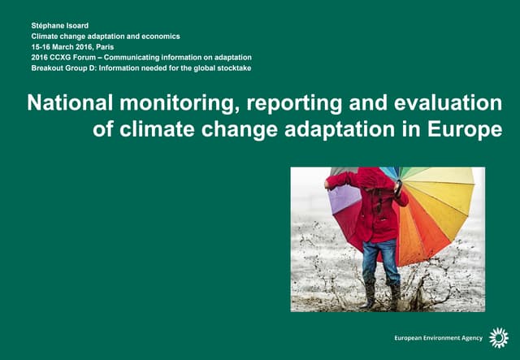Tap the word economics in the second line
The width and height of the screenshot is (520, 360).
[x=158, y=37]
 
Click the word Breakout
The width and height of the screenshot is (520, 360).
[x=48, y=68]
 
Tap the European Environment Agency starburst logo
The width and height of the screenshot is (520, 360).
[x=497, y=338]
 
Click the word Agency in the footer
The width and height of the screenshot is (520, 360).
[x=470, y=338]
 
